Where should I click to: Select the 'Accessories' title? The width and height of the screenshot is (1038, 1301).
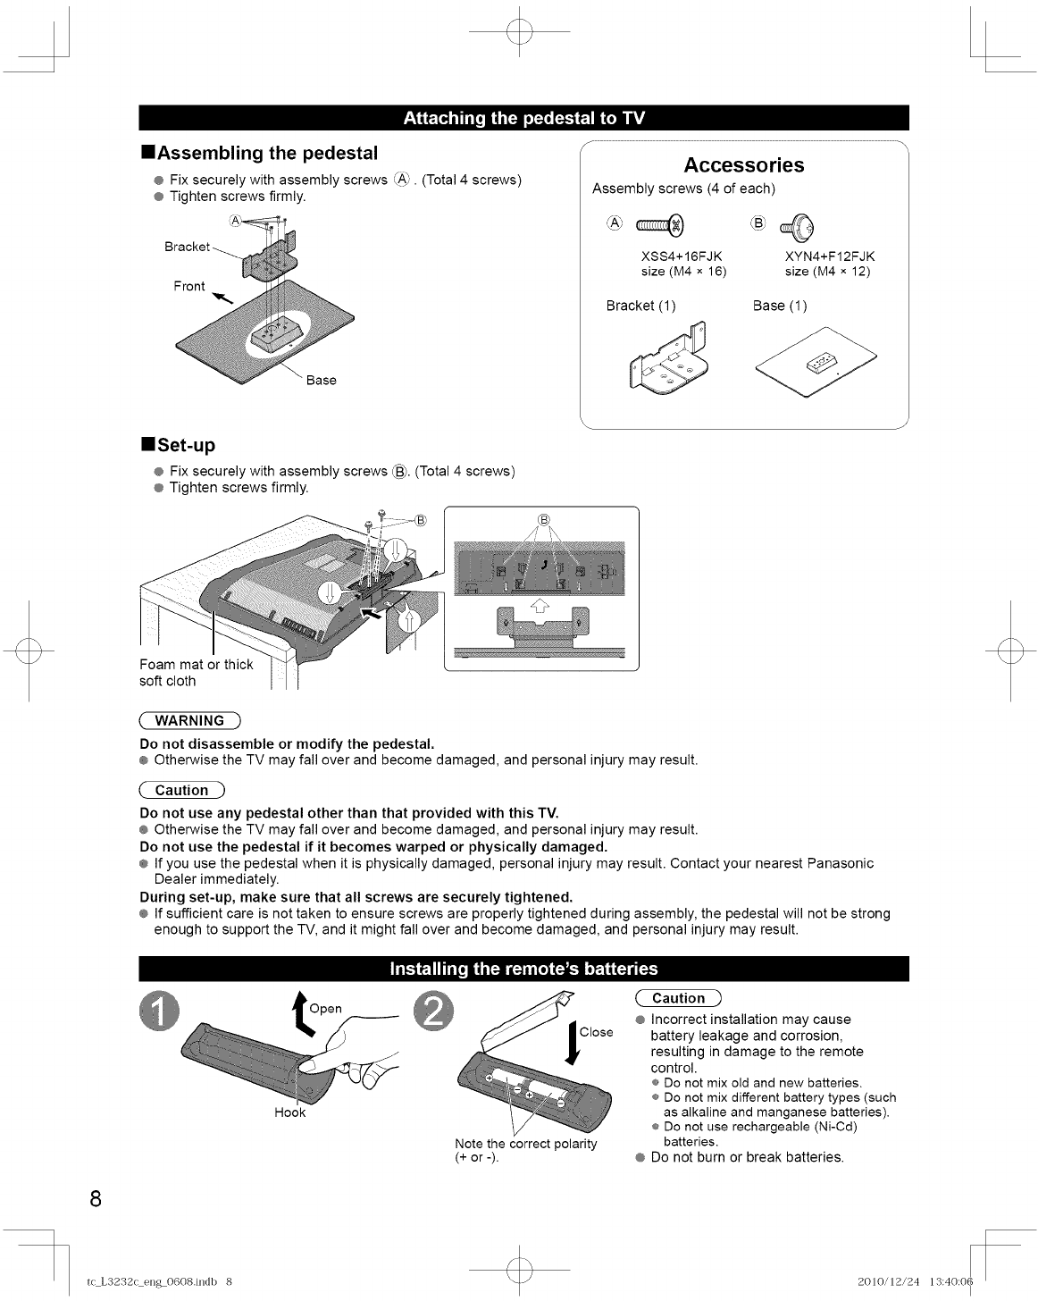click(743, 165)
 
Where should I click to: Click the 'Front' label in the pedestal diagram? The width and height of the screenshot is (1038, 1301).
click(189, 286)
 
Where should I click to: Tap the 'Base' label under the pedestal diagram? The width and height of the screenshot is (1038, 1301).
click(321, 381)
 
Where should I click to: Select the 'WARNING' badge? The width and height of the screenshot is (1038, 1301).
click(190, 721)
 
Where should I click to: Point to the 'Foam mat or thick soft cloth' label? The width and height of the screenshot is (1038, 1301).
click(196, 672)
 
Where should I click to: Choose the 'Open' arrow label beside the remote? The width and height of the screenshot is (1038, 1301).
click(325, 1009)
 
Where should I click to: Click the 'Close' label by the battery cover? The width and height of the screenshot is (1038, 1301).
click(596, 1032)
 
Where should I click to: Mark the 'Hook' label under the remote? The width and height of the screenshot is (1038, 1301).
click(290, 1112)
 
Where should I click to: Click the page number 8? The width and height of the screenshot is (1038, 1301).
click(95, 1199)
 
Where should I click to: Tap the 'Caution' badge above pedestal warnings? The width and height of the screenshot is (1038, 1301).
click(182, 790)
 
